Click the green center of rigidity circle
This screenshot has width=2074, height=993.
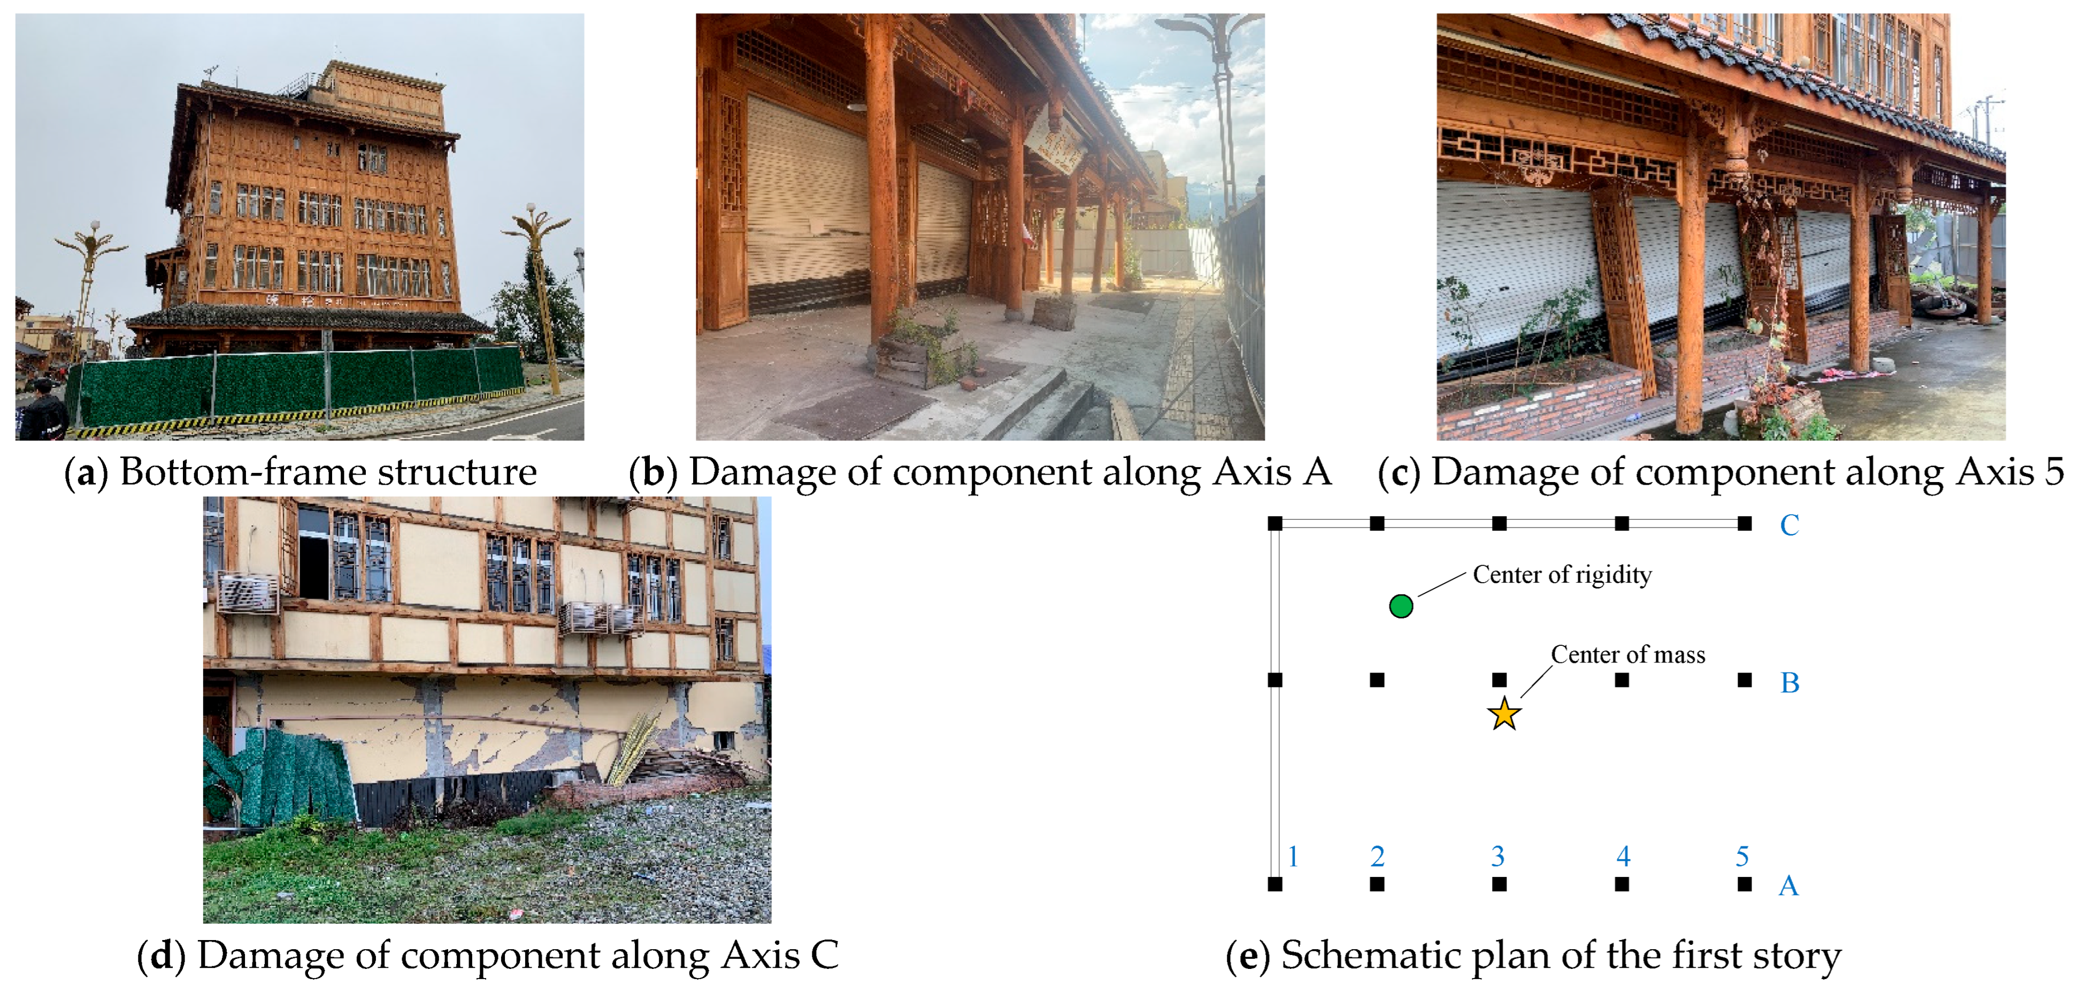[x=1401, y=606]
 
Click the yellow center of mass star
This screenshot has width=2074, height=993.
[x=1504, y=714]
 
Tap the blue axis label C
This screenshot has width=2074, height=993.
[x=1789, y=525]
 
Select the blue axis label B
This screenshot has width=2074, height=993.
[x=1789, y=683]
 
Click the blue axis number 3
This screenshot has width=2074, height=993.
[x=1497, y=856]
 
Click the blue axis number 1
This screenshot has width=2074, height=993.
[x=1293, y=856]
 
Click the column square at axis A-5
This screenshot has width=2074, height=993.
[x=1745, y=883]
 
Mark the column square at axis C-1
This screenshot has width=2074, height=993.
[x=1274, y=523]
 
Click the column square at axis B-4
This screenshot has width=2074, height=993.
[x=1622, y=679]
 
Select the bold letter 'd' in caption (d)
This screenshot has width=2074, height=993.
[x=162, y=956]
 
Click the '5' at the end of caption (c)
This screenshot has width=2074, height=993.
[x=2054, y=472]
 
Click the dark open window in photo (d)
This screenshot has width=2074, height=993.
[x=313, y=556]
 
